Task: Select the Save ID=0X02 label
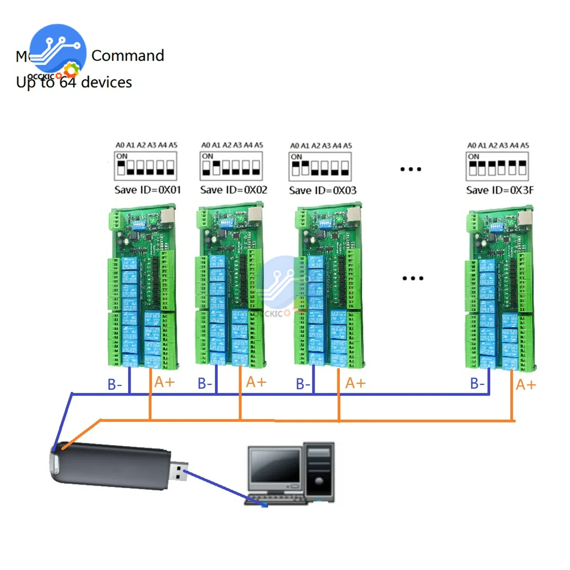[233, 190]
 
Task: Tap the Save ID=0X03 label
[322, 190]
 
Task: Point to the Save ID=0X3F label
[499, 190]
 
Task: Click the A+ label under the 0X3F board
[526, 385]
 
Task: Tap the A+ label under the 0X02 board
[256, 382]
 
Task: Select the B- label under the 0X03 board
[303, 384]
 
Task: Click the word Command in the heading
[128, 56]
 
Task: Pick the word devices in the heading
[107, 82]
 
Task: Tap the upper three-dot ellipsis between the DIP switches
[410, 169]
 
